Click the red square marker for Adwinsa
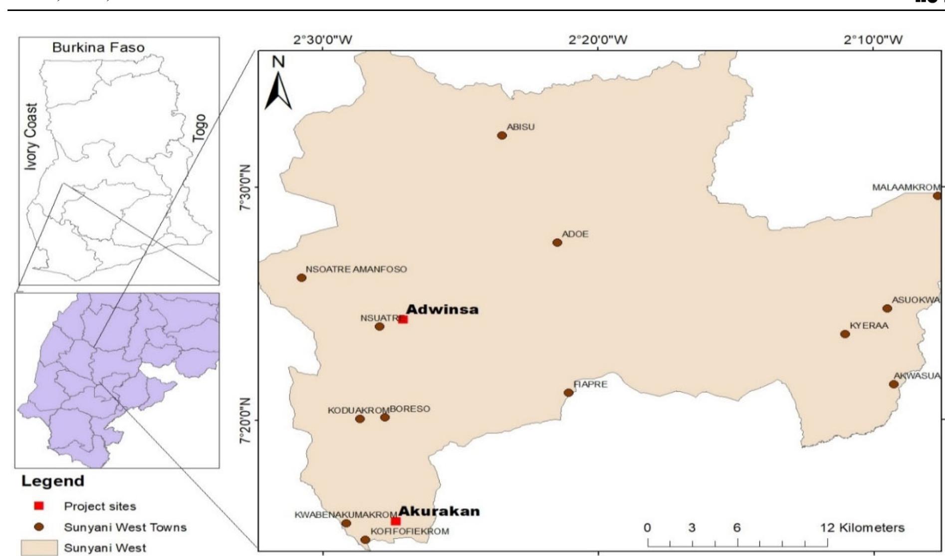(403, 319)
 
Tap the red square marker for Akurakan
(396, 521)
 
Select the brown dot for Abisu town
(502, 135)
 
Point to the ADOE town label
(575, 234)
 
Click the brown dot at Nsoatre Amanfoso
(301, 278)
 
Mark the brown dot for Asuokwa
(887, 308)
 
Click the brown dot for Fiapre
(568, 392)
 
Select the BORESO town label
(410, 409)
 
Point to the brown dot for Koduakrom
(360, 418)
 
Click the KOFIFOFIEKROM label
(410, 531)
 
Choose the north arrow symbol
(278, 85)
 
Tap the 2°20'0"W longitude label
(598, 40)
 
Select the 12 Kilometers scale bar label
(862, 527)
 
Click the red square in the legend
(39, 506)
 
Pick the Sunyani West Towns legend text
(125, 527)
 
